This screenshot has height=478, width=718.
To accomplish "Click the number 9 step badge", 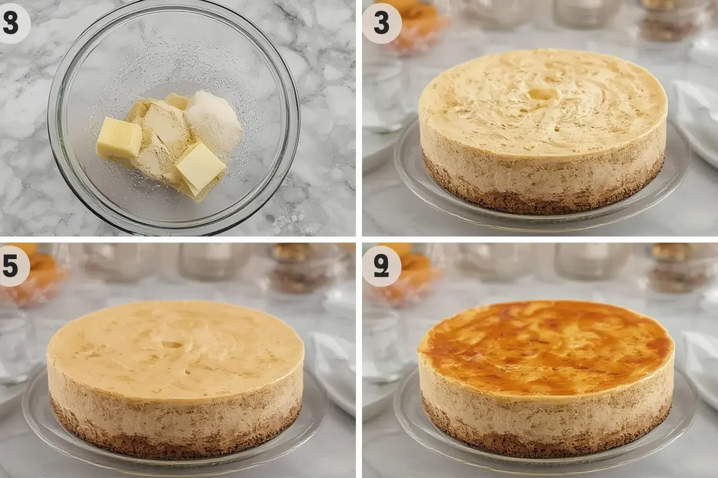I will pyautogui.click(x=381, y=266).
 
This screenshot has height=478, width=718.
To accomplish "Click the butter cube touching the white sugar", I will pyautogui.click(x=200, y=167).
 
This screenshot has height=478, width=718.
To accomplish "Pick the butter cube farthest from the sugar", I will pyautogui.click(x=119, y=138).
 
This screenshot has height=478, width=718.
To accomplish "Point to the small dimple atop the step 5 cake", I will pyautogui.click(x=172, y=345).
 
